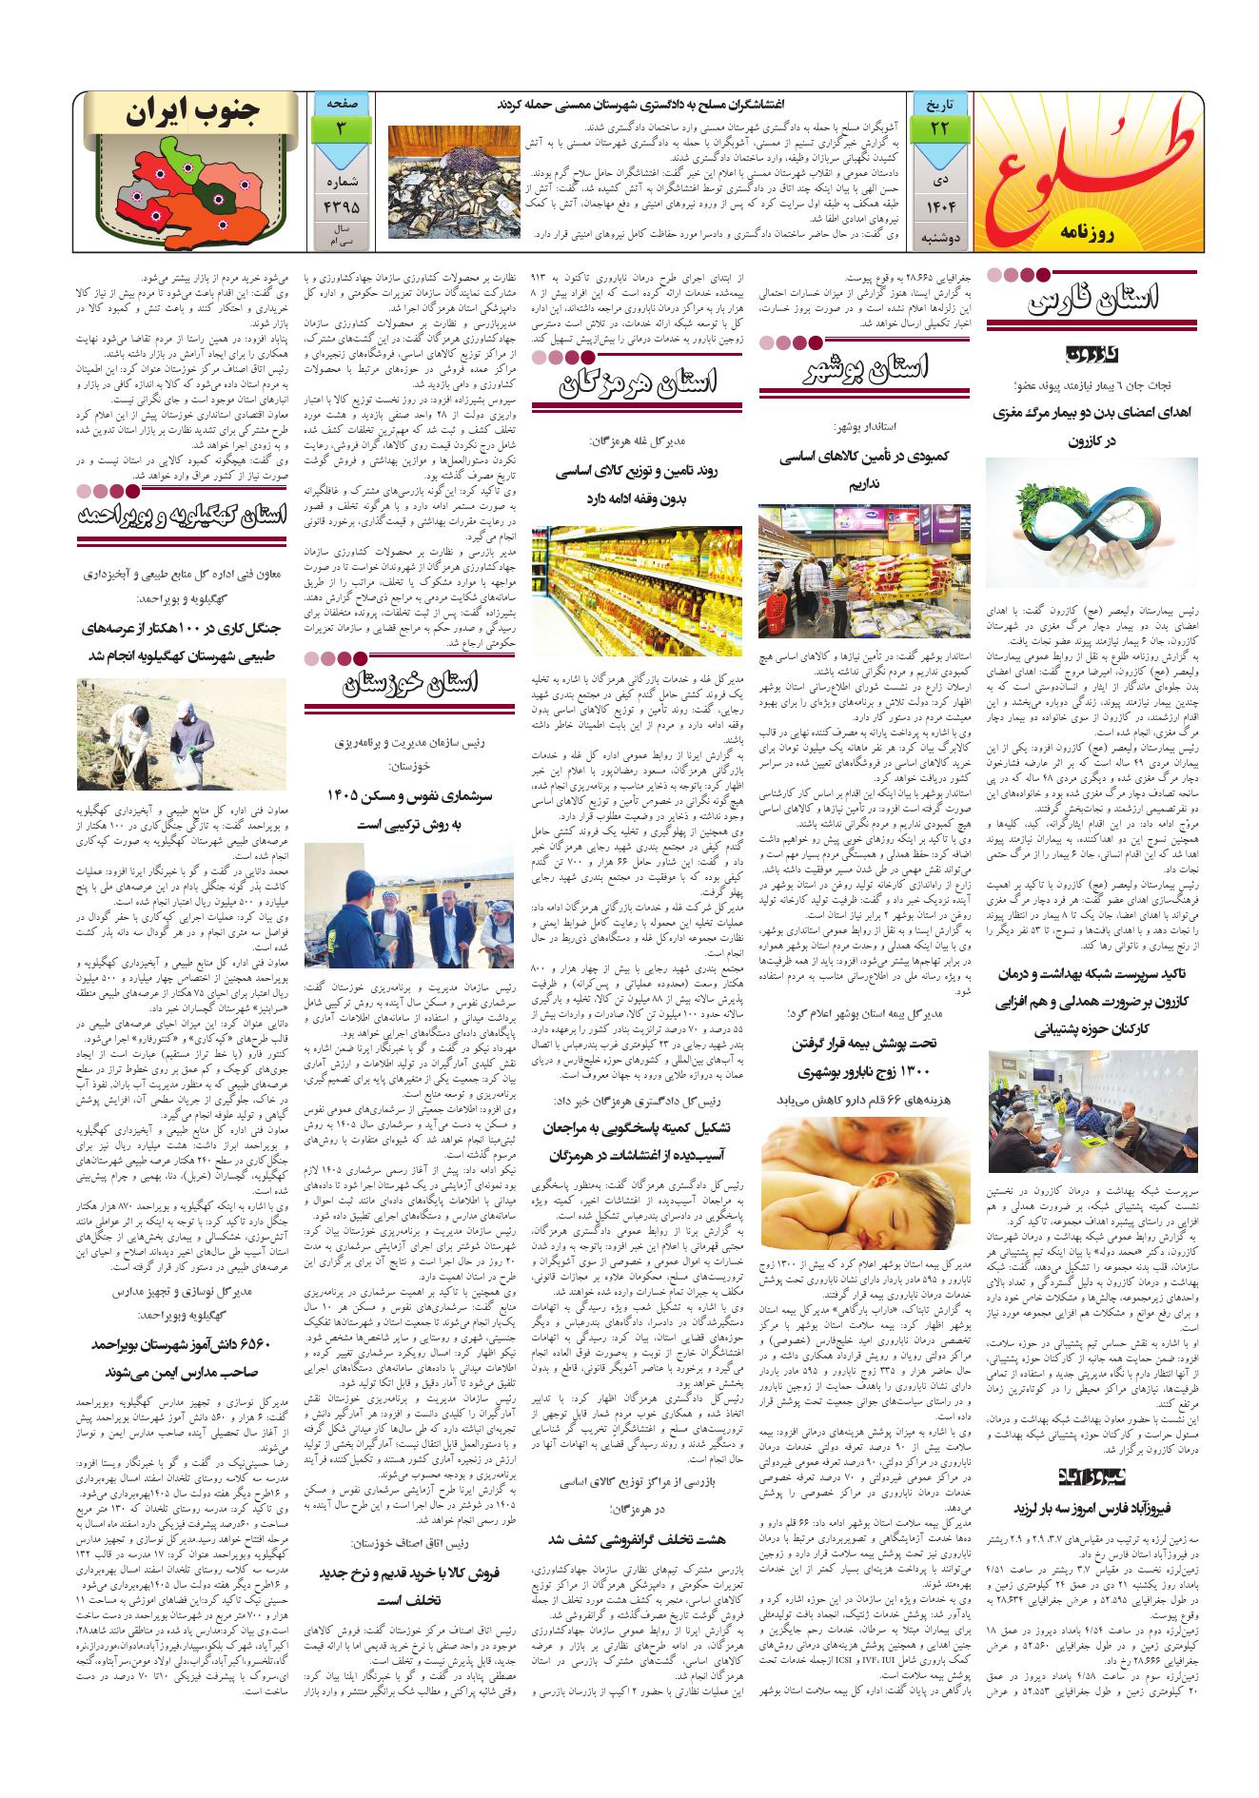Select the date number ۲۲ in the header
coord(939,127)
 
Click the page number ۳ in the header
coord(341,127)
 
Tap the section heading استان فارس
coord(1095,305)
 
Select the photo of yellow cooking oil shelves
coord(637,589)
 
